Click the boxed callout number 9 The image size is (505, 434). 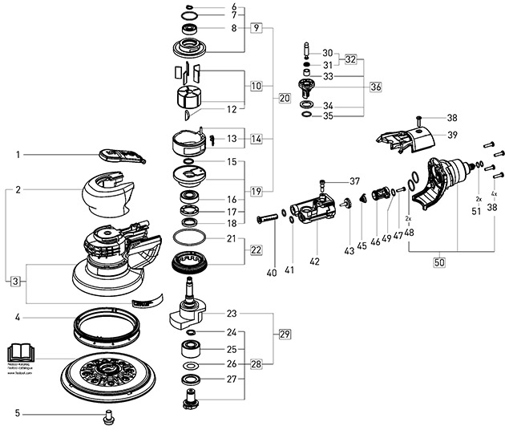point(257,27)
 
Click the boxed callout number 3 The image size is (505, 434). point(15,282)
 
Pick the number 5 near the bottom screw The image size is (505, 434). point(15,415)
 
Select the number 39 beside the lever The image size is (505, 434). point(452,134)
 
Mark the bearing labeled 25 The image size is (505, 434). point(191,350)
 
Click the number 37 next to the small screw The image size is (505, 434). point(355,180)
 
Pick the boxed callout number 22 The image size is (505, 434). point(256,250)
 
